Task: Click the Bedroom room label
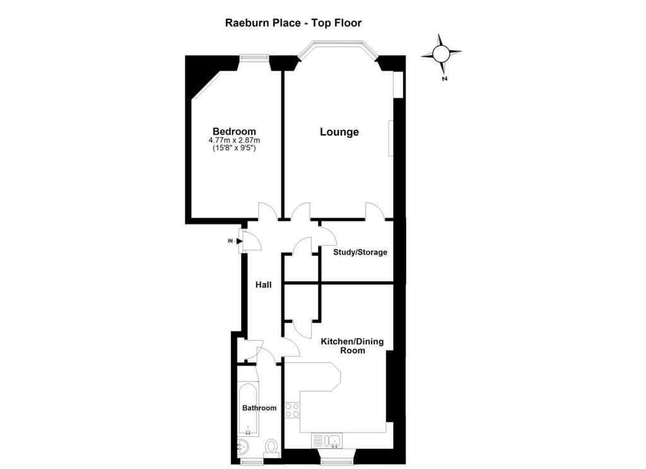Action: pos(234,131)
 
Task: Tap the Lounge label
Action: pos(339,132)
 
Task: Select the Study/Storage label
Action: pos(360,252)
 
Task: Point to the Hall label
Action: pos(263,284)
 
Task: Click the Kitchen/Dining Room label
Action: pos(352,346)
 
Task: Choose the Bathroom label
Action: pos(259,408)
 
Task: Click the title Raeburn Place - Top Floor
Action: pos(293,23)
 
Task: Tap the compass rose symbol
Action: pos(441,54)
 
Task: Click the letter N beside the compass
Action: pos(444,78)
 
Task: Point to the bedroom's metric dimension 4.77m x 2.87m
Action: pos(234,141)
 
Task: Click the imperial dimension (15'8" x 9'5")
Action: pos(234,148)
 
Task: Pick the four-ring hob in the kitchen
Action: pos(293,410)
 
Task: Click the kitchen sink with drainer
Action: pos(326,441)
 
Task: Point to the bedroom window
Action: pos(255,58)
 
